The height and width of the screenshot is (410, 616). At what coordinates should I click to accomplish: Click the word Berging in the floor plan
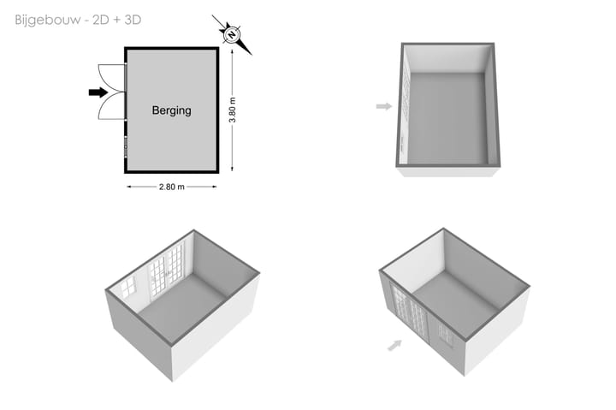tap(172, 110)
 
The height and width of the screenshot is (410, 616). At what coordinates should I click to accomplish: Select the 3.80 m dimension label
tap(233, 110)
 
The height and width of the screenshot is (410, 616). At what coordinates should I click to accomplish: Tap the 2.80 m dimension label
tap(172, 187)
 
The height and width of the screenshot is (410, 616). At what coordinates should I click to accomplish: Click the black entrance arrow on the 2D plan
tap(98, 92)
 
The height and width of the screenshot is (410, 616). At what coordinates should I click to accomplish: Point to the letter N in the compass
tap(232, 34)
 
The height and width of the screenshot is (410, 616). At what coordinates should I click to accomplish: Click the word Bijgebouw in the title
tap(48, 20)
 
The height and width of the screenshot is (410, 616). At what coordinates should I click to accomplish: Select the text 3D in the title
tap(133, 20)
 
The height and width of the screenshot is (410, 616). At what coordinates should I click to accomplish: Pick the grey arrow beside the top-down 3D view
tap(384, 106)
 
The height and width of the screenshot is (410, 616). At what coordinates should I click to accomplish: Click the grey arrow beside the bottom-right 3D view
tap(394, 345)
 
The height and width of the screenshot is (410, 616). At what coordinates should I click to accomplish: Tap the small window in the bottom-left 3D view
tap(128, 287)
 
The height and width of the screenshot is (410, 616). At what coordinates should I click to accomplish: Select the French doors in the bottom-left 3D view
tap(166, 270)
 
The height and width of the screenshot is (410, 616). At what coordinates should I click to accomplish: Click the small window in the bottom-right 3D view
tap(446, 334)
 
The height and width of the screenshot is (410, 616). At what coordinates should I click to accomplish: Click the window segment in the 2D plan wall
tap(126, 146)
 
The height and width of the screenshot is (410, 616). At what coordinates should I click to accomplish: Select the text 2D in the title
tap(101, 20)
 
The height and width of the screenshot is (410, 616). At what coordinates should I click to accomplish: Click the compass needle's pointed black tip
tap(252, 55)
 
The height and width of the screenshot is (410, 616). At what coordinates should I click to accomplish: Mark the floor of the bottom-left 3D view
tap(183, 308)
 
